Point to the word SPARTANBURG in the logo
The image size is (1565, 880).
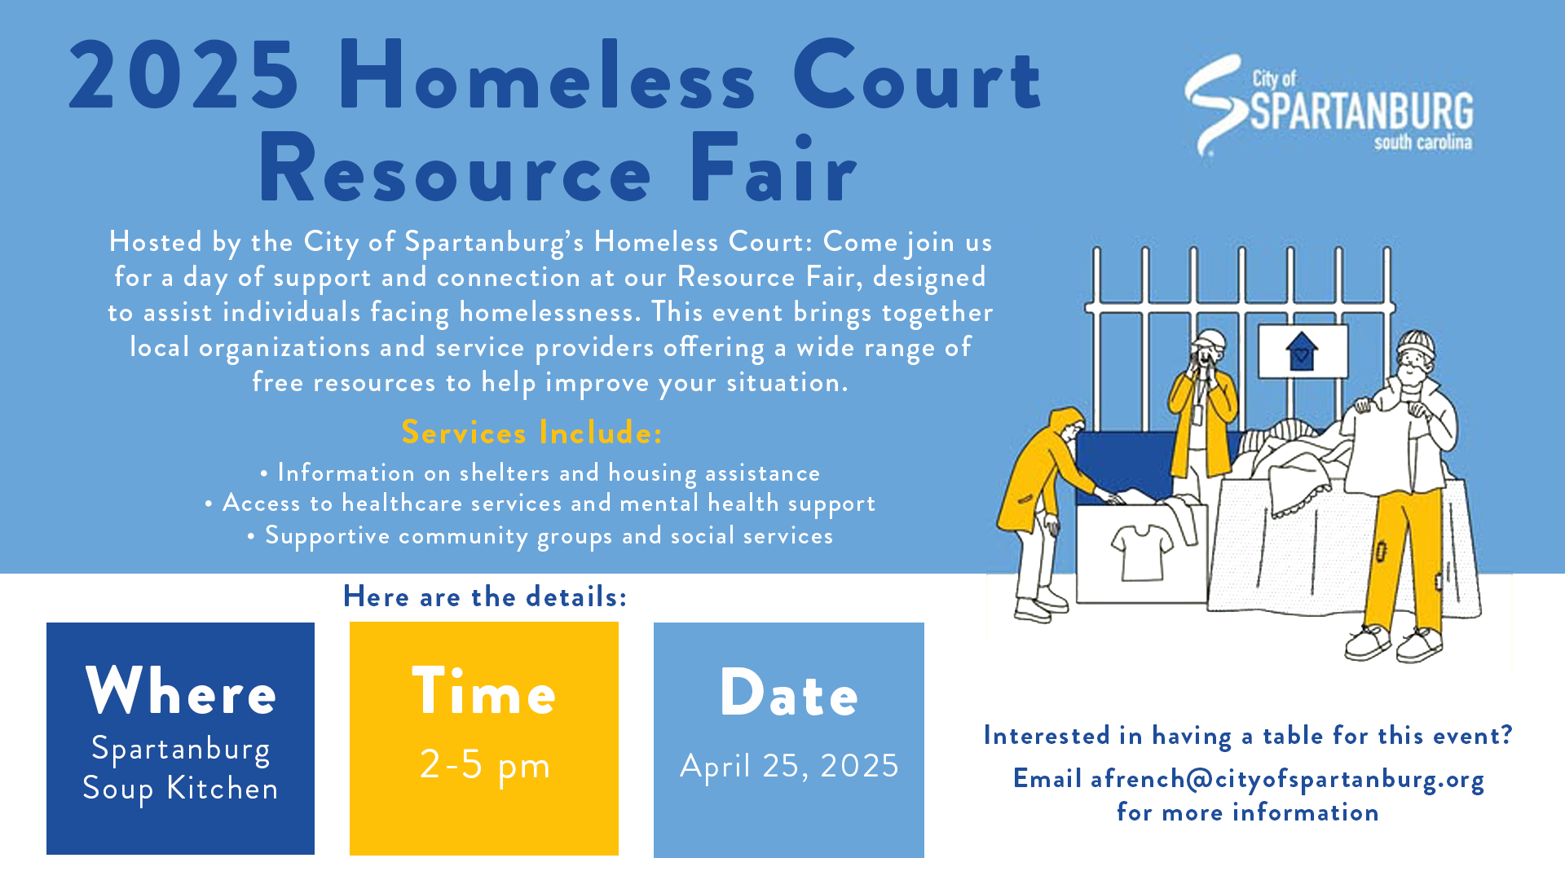1361,112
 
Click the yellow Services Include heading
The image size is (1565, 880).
531,432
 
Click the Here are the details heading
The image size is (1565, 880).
485,596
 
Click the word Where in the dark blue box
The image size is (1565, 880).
181,692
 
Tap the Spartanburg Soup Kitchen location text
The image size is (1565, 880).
181,768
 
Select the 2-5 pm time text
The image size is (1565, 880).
485,764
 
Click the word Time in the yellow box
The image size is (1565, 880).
484,692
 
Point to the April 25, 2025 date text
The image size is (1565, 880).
789,765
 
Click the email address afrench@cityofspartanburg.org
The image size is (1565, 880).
1287,779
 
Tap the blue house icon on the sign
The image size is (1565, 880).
1301,351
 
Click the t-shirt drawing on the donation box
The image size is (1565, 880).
1142,550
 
